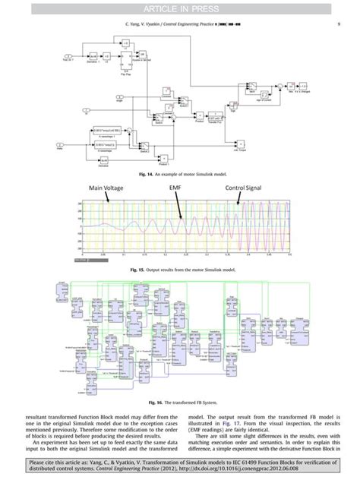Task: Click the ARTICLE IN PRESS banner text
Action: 180,9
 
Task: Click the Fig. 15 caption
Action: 180,269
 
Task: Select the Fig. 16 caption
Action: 180,402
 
